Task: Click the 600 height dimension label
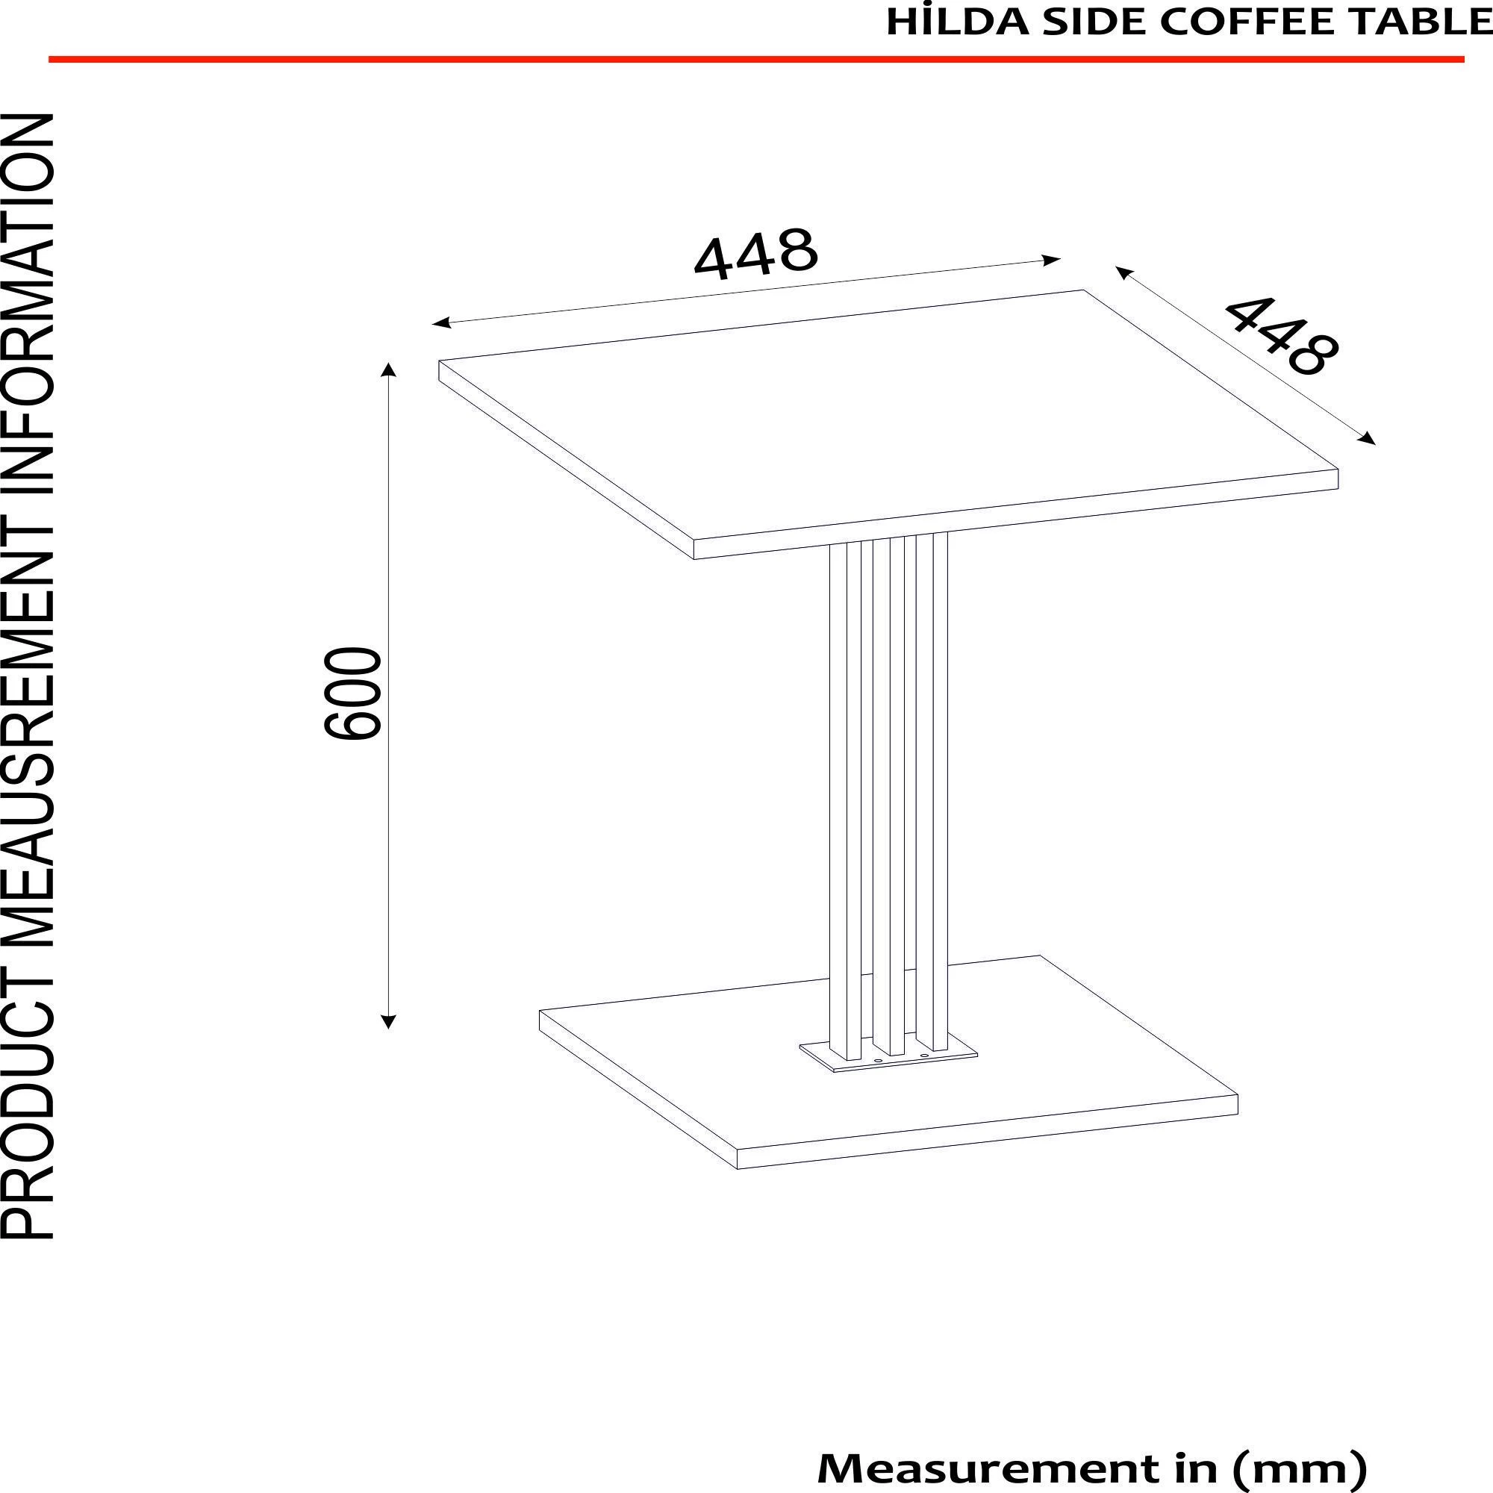pyautogui.click(x=352, y=693)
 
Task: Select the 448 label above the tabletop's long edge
pyautogui.click(x=755, y=253)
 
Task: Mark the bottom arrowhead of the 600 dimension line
pyautogui.click(x=389, y=1022)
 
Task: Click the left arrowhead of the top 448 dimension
pyautogui.click(x=441, y=322)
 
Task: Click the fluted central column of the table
pyautogui.click(x=888, y=773)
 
